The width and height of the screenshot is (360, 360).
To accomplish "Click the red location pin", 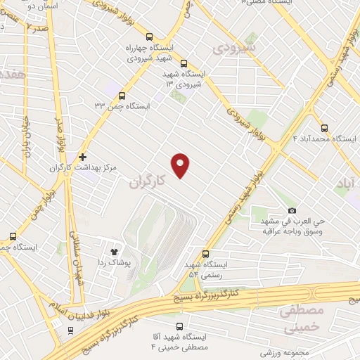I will pyautogui.click(x=181, y=165).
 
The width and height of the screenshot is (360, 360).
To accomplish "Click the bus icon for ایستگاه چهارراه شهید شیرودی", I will pyautogui.click(x=148, y=37).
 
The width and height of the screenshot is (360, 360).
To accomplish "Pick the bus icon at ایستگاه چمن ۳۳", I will pyautogui.click(x=122, y=96).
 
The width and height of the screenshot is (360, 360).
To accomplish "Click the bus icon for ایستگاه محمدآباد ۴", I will pyautogui.click(x=324, y=128).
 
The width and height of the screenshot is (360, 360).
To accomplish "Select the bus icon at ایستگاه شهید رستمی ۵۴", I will pyautogui.click(x=205, y=253).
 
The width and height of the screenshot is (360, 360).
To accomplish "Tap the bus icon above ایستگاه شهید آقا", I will pyautogui.click(x=179, y=327).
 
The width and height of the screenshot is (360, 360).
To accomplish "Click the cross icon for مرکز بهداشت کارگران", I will pyautogui.click(x=83, y=157).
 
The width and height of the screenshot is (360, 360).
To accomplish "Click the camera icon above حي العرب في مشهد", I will pyautogui.click(x=292, y=210).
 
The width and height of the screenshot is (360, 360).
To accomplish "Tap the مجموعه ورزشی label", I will pyautogui.click(x=281, y=351).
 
